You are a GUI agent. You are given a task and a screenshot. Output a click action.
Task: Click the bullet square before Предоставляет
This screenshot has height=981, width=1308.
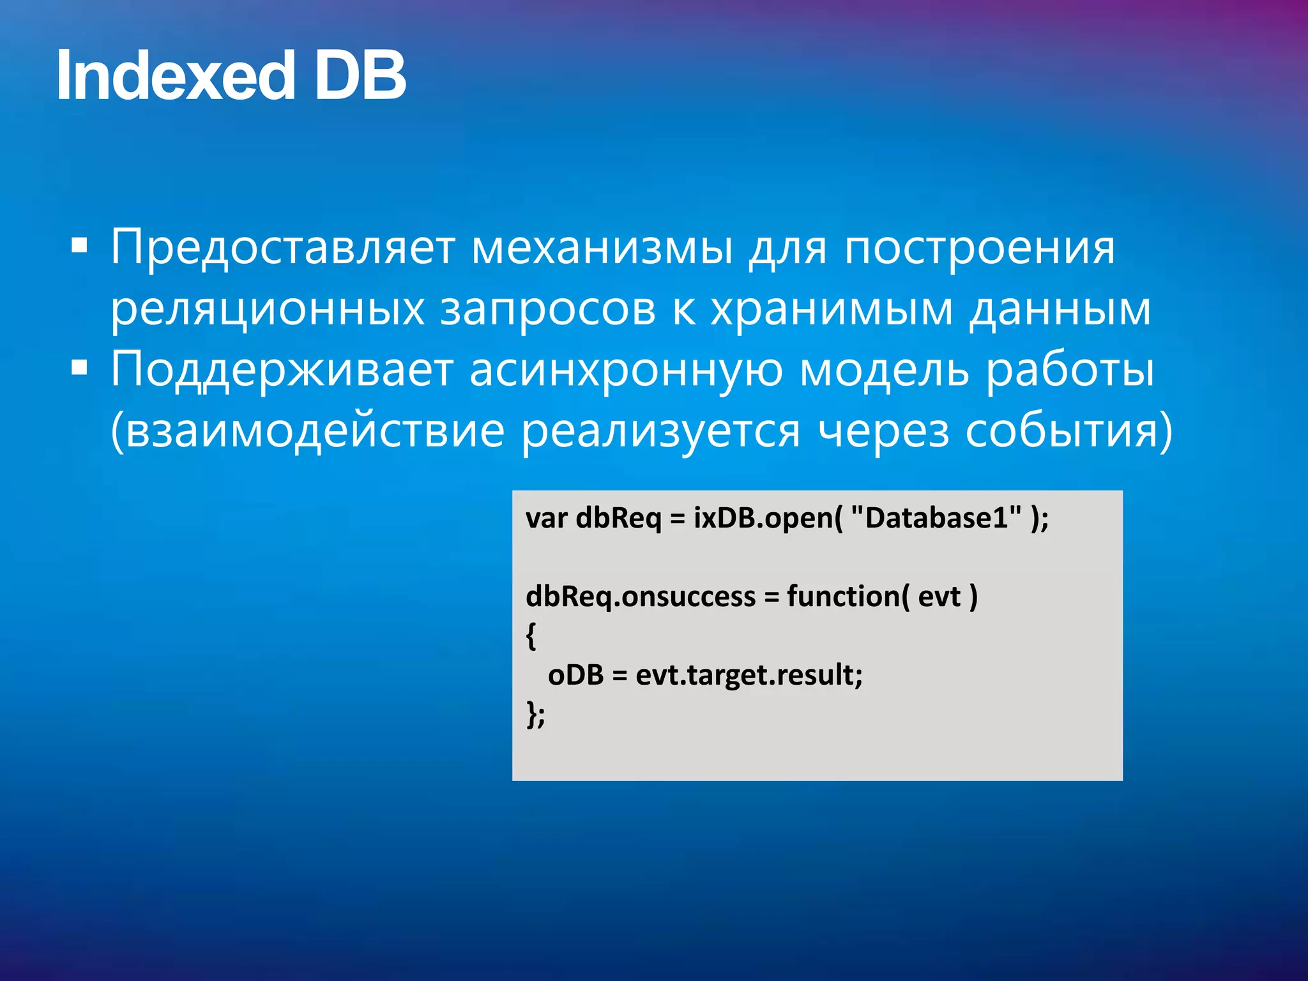79,245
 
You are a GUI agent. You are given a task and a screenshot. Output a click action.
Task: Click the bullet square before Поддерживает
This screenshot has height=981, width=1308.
79,368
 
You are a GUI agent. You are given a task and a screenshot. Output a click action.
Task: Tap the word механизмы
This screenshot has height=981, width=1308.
602,248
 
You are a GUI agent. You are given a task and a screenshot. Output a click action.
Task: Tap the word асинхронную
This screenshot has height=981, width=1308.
626,370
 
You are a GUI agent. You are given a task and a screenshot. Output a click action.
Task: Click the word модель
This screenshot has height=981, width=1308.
884,370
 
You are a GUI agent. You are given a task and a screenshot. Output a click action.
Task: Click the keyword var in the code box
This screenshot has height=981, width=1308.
546,519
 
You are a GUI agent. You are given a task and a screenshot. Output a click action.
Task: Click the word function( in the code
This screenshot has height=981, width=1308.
848,597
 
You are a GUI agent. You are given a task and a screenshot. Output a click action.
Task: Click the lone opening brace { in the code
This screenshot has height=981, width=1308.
531,636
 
